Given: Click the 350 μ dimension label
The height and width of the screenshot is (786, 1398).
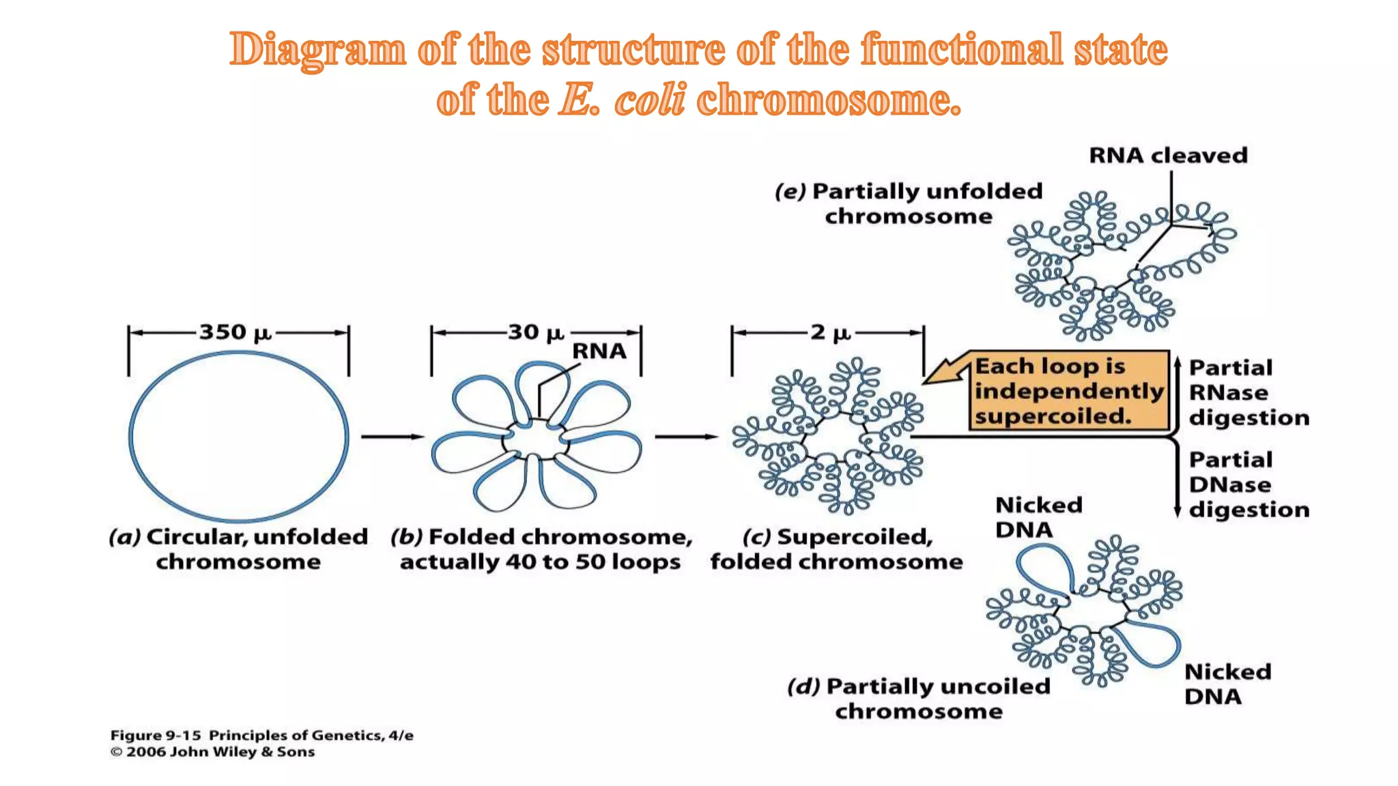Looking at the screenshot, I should (x=235, y=333).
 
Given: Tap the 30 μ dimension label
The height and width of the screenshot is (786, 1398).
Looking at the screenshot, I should (x=536, y=333).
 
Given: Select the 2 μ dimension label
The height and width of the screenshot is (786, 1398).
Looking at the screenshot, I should (x=830, y=333).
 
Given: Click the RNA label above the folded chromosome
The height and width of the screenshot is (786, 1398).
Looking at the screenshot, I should (x=599, y=351).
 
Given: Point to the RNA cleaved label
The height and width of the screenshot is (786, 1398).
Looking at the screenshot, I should (x=1168, y=156).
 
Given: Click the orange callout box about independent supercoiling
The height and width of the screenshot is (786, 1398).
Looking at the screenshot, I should (x=1068, y=391).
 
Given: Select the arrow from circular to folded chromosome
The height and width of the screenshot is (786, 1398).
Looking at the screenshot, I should (x=392, y=437).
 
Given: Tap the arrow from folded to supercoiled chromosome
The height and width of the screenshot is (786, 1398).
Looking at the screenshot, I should (x=685, y=437).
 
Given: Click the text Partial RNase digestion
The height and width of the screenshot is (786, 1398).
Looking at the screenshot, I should (x=1249, y=392).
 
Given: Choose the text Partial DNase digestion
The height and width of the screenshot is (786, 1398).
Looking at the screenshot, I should (x=1249, y=484).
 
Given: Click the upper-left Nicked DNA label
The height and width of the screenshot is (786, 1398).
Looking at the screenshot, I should (x=1038, y=517).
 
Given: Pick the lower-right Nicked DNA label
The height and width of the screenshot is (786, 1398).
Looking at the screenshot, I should (x=1227, y=684).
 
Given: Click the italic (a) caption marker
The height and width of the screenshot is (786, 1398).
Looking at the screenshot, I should (x=124, y=537).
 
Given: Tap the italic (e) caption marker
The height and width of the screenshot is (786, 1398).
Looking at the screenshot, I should (x=790, y=192).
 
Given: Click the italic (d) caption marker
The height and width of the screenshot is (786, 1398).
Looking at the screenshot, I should (x=803, y=686).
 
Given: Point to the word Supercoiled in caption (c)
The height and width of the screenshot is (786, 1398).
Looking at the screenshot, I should (x=855, y=537).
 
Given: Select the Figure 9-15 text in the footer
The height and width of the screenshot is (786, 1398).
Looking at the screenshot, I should (x=156, y=736).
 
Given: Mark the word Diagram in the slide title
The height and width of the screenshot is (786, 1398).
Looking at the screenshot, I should (x=317, y=50).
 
